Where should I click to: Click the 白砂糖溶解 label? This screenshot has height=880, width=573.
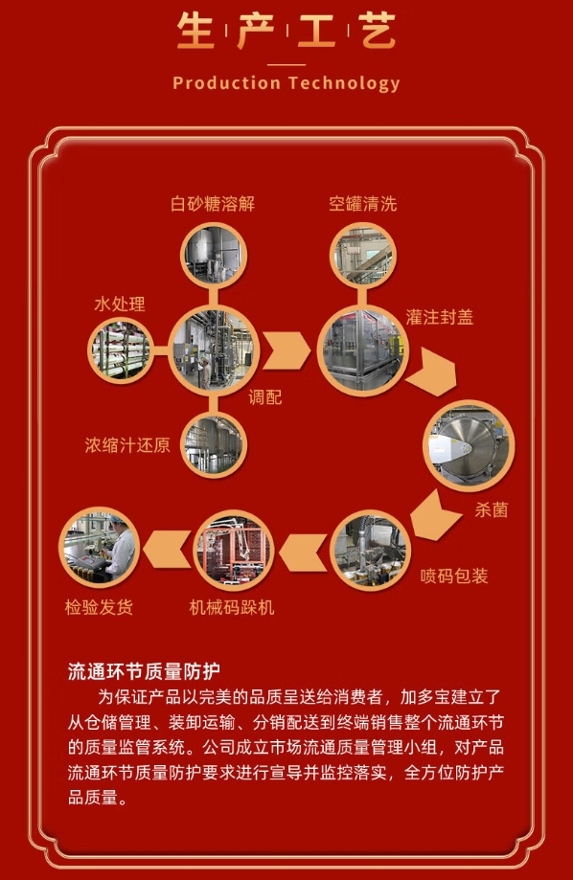point(213,203)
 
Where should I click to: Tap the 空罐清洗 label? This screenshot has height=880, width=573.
point(363,203)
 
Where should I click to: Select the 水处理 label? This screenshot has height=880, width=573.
point(120,305)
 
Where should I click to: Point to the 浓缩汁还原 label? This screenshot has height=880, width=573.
point(127,445)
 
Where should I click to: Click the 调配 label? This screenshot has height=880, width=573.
point(265,397)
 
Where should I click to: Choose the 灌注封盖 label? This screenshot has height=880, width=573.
point(439,317)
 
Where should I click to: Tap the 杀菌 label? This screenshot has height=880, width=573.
point(492,509)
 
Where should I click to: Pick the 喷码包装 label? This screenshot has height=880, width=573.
point(454,575)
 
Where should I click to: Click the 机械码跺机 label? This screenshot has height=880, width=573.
point(232,607)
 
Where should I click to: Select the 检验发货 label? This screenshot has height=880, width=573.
point(99,607)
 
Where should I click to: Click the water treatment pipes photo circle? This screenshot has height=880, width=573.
point(121,350)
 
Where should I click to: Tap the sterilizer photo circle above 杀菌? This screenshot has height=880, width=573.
point(469,445)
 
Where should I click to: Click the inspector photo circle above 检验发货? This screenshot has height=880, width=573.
point(100,547)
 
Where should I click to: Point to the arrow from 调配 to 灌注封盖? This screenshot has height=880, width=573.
point(286,350)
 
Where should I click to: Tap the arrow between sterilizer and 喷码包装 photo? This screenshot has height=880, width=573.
point(434,516)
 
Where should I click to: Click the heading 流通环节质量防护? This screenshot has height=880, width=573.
point(144,671)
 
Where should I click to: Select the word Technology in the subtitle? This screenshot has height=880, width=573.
point(344,83)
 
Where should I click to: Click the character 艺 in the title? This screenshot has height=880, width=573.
point(378,31)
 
